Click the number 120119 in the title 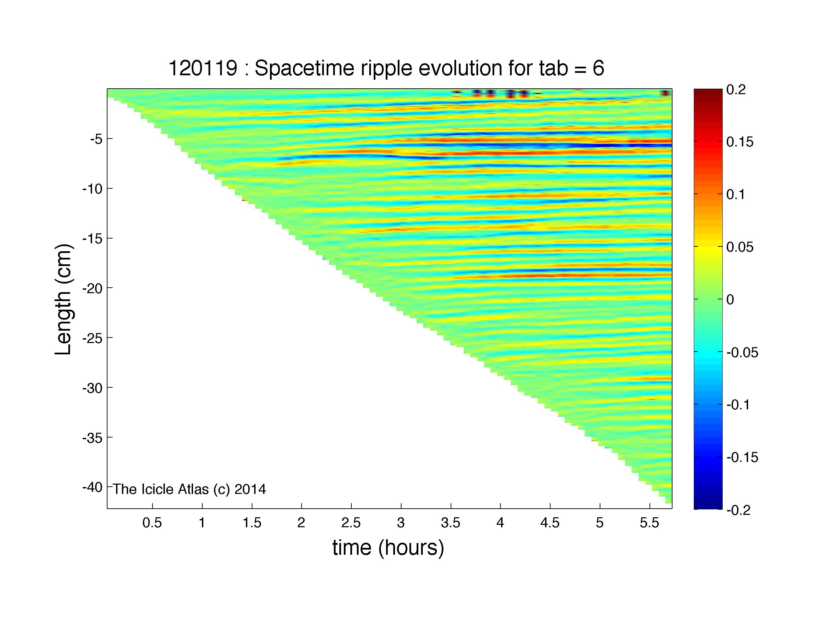coord(203,69)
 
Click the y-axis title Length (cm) coord(63,299)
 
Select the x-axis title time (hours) coord(388,548)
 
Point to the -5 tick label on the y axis coord(96,140)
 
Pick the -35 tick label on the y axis coord(92,438)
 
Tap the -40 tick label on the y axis coord(92,488)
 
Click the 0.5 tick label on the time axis coord(152,523)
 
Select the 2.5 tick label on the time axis coord(351,523)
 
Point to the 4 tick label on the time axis coord(500,523)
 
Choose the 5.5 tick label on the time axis coord(650,523)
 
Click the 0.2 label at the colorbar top coord(736,90)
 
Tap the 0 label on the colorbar coord(730,300)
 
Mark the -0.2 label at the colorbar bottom coord(738,510)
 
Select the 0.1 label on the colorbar coord(735,195)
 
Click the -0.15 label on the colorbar coord(742,457)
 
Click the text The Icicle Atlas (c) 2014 coord(190,489)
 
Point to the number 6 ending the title coord(598,69)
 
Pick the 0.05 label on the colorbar coord(740,247)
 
